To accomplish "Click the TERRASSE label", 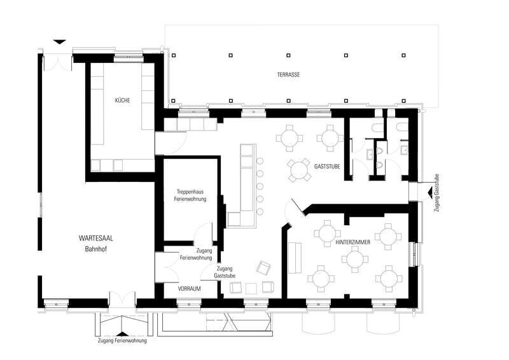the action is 288,74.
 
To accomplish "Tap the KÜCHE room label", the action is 122,100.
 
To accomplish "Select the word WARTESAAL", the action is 96,239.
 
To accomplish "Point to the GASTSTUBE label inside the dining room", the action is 327,167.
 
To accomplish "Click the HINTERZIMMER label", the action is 353,242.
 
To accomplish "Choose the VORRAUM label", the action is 189,289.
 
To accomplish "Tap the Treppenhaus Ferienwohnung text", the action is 190,195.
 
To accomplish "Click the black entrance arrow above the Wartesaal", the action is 60,42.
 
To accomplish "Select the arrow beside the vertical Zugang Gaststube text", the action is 430,192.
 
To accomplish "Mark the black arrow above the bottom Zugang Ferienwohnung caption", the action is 122,334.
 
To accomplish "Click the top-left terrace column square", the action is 174,55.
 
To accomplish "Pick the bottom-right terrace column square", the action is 403,101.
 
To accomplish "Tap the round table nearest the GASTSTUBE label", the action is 300,170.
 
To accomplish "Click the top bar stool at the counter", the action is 260,161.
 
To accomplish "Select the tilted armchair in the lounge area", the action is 263,268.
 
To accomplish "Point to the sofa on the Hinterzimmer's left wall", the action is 295,258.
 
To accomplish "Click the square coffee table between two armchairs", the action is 251,288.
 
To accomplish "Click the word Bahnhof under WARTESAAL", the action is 96,249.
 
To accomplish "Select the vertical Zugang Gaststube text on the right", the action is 437,193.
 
